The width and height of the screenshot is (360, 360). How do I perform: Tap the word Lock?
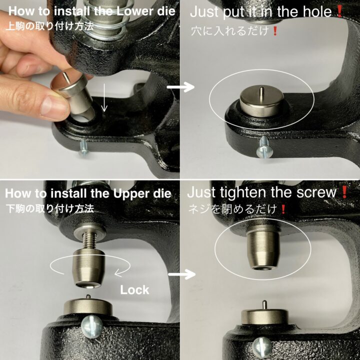click(135, 290)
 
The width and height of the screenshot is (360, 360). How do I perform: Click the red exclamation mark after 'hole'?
click(339, 11)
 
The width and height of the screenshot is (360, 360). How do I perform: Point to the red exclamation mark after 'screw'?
click(344, 192)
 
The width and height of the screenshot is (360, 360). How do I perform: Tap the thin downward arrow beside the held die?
click(104, 98)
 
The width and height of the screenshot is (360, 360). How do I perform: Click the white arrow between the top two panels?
click(180, 87)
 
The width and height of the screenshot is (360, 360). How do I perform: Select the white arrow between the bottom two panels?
click(181, 274)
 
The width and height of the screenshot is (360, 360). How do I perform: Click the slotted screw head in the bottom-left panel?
click(92, 327)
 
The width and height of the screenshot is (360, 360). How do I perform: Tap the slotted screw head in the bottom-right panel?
click(262, 350)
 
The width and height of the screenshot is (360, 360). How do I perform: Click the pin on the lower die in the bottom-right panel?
click(264, 306)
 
